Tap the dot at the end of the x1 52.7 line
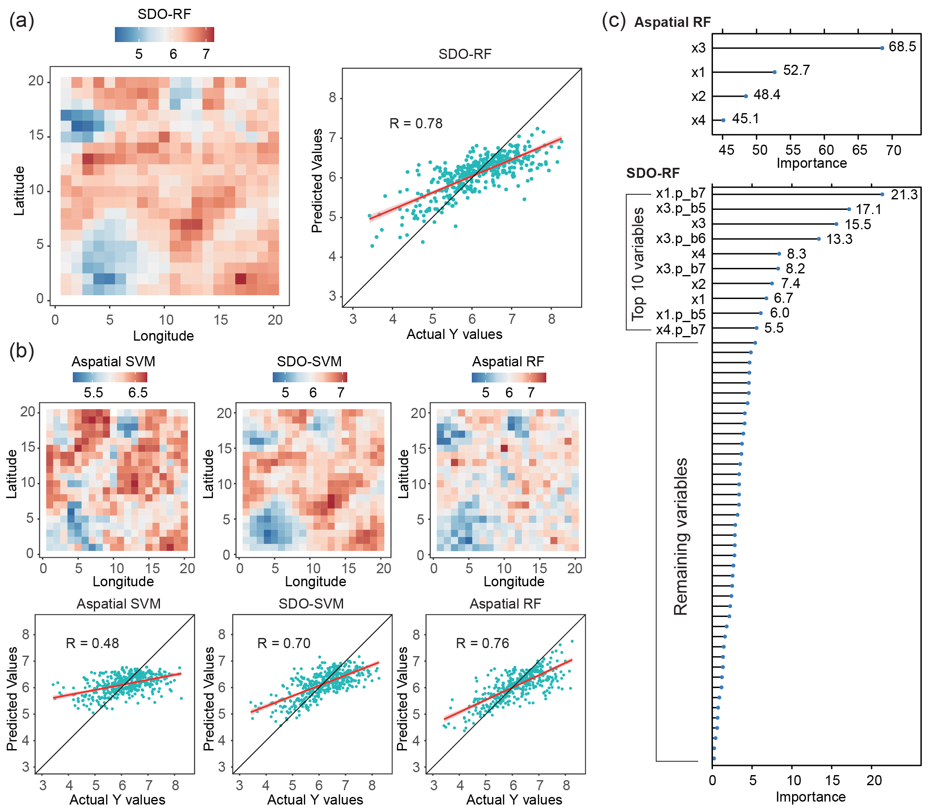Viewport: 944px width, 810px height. click(x=774, y=72)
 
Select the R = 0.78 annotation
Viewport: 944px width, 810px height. click(x=416, y=123)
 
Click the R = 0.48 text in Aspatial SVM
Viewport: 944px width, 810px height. click(x=93, y=643)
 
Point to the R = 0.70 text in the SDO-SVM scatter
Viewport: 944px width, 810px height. click(x=284, y=643)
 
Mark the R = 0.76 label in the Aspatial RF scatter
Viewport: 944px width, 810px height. click(x=482, y=643)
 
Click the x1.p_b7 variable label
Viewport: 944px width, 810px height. click(x=681, y=193)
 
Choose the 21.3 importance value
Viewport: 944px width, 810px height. click(x=904, y=194)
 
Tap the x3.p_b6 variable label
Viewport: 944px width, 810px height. click(x=681, y=238)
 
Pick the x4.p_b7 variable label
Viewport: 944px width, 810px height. click(x=681, y=329)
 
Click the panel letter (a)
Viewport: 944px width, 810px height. click(x=21, y=21)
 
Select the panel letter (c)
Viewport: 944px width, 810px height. click(x=614, y=21)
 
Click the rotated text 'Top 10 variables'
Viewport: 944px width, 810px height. click(x=638, y=264)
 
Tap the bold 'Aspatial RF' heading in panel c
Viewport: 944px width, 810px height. click(x=673, y=22)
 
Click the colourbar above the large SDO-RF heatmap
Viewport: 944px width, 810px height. click(x=165, y=34)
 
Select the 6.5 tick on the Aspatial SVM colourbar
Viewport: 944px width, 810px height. click(x=138, y=392)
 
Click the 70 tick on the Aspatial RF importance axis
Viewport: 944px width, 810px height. click(x=893, y=150)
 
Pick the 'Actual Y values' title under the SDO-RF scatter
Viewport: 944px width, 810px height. click(x=454, y=334)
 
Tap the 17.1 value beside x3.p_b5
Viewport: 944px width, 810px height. click(x=868, y=209)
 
